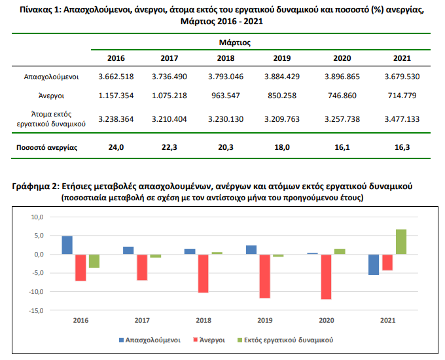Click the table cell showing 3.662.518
(116, 77)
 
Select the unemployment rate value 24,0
(116, 147)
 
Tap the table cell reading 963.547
(225, 96)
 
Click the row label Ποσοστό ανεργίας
(46, 147)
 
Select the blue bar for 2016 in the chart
(67, 245)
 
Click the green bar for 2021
(400, 242)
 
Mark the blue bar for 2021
(373, 264)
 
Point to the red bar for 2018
(203, 273)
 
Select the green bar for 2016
(94, 261)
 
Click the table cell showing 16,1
(341, 147)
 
